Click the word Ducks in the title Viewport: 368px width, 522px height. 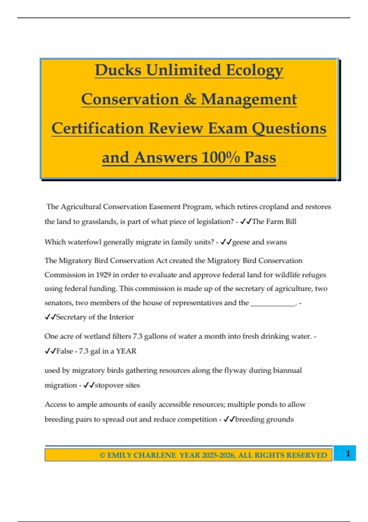click(118, 70)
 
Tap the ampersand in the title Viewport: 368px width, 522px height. click(190, 99)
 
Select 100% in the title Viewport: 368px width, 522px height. click(220, 158)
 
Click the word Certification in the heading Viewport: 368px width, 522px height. click(98, 128)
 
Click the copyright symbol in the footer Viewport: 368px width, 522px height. click(102, 455)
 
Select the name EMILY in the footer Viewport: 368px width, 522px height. click(119, 455)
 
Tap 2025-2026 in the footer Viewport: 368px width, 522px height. click(218, 455)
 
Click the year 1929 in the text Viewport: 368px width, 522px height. click(103, 275)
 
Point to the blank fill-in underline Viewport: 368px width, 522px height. click(273, 303)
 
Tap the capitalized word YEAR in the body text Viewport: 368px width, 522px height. click(126, 351)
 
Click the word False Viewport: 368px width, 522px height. click(64, 351)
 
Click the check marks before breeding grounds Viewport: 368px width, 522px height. click(229, 419)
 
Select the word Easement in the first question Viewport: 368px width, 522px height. click(165, 207)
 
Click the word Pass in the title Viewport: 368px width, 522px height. click(260, 158)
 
